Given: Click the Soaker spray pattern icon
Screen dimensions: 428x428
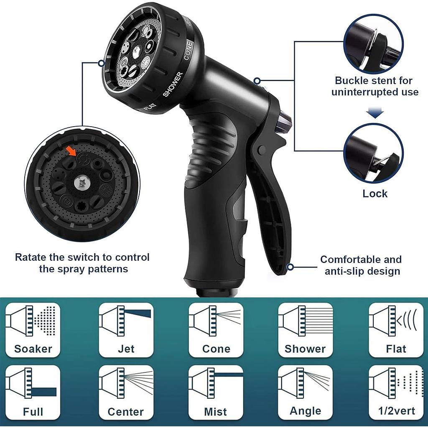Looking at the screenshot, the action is [33, 330].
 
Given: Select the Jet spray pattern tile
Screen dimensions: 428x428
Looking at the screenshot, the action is [126, 330].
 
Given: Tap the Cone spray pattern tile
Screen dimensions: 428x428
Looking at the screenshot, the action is [216, 330].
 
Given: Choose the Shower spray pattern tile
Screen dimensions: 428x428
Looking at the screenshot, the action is [306, 330].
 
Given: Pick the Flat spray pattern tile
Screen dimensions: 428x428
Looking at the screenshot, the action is [396, 330].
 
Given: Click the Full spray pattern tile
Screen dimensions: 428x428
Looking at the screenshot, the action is [33, 392].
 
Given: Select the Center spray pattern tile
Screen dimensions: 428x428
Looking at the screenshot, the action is [126, 392].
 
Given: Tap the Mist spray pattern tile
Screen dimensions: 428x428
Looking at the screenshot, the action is [216, 392].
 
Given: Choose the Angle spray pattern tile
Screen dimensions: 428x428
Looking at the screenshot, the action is [306, 392].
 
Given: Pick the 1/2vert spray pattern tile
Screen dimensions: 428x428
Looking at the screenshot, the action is [396, 392].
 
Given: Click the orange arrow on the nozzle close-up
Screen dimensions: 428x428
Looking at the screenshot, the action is [71, 150].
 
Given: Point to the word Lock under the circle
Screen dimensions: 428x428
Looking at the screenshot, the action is [375, 194].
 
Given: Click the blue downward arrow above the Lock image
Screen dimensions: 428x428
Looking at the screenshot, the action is [375, 113].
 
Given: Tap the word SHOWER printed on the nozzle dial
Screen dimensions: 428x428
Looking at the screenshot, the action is [173, 84].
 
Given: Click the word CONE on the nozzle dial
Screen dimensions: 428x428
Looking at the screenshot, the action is [188, 50].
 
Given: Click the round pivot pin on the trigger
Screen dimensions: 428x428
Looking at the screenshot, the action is [262, 149].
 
